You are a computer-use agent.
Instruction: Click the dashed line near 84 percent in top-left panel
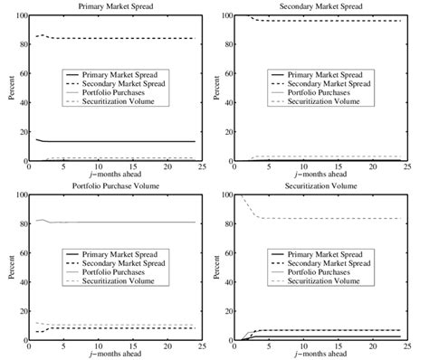[x=118, y=38]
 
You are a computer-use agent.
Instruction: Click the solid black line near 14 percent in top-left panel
[x=118, y=141]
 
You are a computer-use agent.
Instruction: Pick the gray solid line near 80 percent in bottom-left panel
[x=118, y=222]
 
